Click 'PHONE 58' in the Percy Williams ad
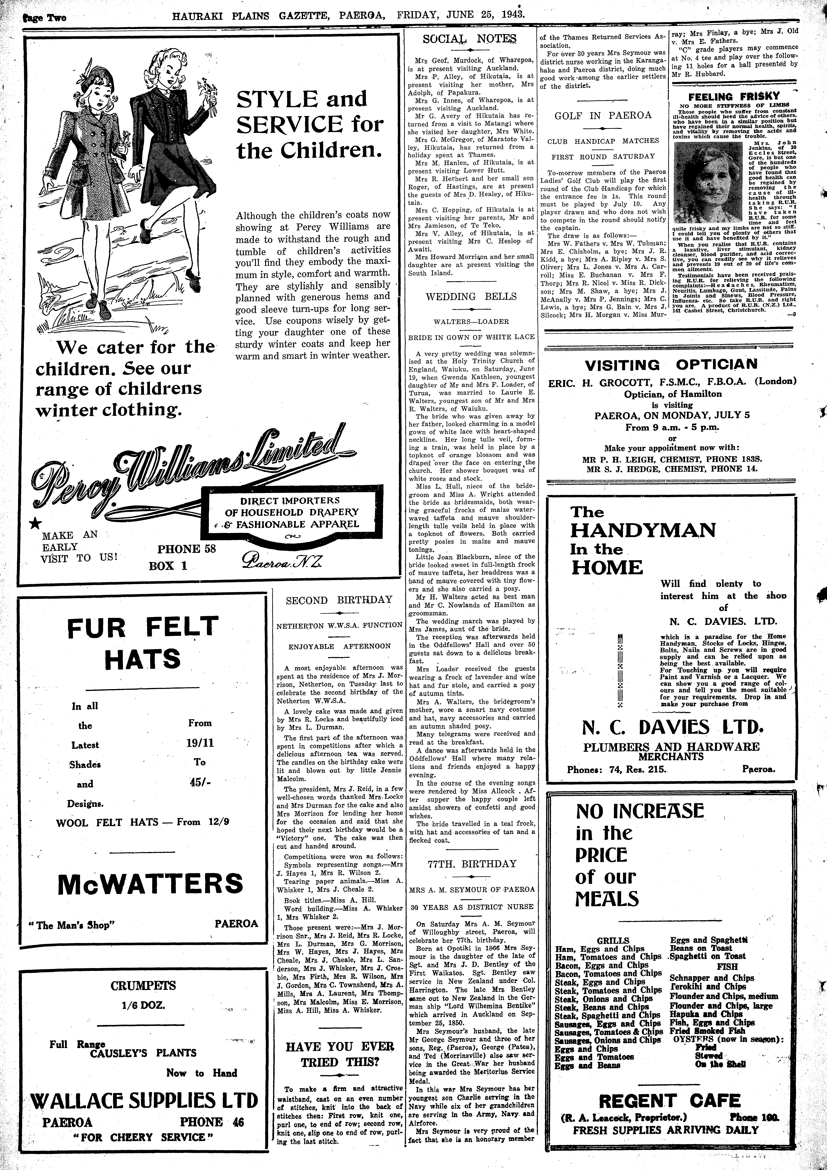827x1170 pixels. (x=186, y=549)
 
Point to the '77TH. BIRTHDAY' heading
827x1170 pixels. (x=471, y=864)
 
